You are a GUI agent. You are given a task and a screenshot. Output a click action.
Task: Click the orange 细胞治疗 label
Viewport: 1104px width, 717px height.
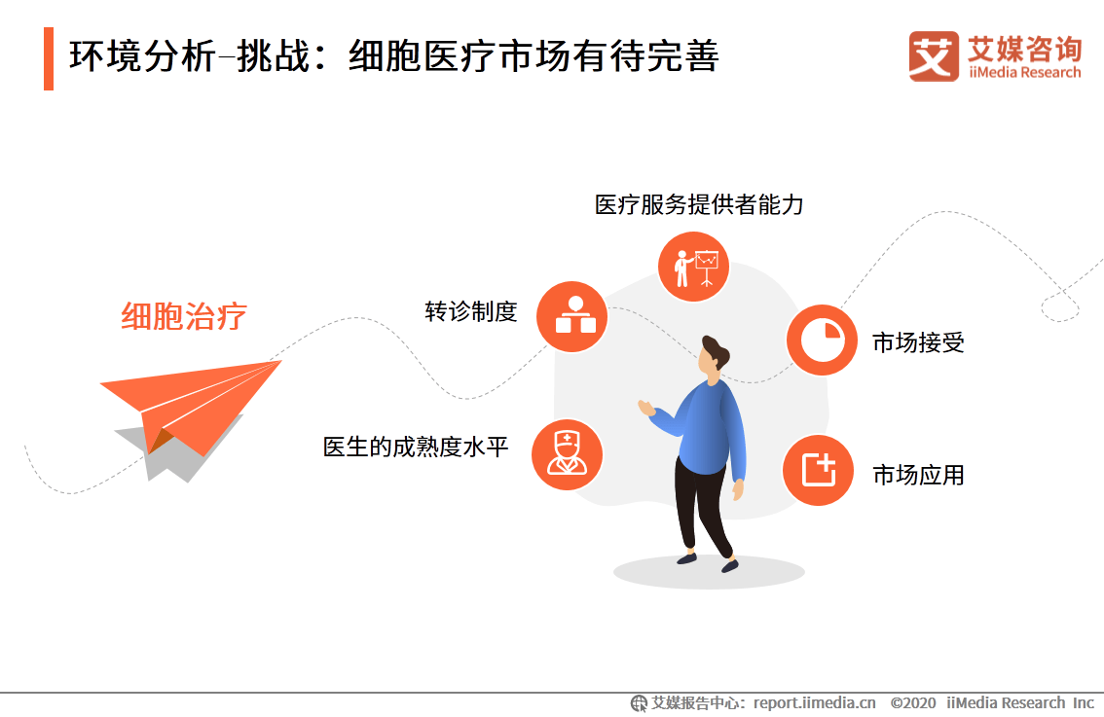[184, 316]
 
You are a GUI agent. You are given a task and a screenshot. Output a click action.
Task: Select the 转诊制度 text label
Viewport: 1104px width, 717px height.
[471, 311]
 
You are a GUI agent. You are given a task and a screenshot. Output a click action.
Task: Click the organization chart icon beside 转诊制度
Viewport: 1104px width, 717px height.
[571, 316]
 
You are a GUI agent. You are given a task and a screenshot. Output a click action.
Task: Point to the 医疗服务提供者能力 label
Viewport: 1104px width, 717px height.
[699, 204]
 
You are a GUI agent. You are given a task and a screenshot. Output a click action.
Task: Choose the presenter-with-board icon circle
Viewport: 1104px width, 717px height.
[693, 267]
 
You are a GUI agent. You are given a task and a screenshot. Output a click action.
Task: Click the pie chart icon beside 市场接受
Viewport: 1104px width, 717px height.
[822, 340]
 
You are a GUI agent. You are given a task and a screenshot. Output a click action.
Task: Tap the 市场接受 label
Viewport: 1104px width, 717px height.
[918, 342]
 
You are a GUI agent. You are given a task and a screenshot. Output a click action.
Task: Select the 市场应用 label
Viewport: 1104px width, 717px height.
[918, 475]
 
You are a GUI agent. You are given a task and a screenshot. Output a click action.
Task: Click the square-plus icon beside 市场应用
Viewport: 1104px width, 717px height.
[818, 470]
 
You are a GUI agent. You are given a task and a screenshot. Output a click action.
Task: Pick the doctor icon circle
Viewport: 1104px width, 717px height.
[567, 454]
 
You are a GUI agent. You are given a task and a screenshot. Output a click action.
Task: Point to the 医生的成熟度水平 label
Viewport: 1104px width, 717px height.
[416, 447]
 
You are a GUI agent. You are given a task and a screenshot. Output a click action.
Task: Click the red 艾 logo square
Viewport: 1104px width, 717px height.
[934, 56]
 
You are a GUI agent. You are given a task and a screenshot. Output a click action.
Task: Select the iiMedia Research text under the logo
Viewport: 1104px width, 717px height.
[1024, 72]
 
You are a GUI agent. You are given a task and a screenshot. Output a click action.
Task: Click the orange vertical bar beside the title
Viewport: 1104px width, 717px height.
[49, 58]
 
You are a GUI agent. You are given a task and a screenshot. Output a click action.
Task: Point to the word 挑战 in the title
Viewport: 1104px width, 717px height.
[274, 56]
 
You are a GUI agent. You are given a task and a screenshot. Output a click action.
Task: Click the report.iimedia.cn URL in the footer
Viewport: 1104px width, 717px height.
[815, 703]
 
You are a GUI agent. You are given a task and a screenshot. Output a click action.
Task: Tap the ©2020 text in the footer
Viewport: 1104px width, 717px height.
[913, 703]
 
